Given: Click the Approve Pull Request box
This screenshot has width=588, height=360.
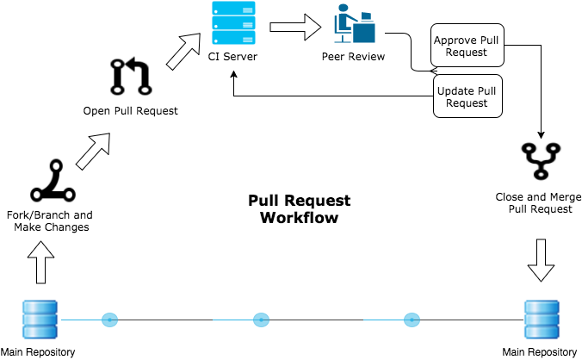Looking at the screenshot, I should click(467, 46).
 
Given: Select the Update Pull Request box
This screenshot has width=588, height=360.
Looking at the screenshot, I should click(467, 96).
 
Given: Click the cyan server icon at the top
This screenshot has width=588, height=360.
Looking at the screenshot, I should click(233, 23).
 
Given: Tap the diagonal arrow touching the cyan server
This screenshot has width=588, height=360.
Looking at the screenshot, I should click(183, 53).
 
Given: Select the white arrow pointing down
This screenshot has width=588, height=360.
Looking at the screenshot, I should click(541, 260).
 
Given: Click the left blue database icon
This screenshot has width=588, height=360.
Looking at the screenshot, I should click(40, 319).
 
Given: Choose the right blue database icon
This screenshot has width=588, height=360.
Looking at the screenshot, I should click(542, 319).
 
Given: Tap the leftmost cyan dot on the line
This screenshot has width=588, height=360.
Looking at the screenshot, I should click(109, 320).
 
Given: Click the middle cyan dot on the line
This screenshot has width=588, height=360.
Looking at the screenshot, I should click(261, 320).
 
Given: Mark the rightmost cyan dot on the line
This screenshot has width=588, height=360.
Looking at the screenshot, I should click(412, 320).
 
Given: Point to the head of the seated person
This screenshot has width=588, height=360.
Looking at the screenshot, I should click(343, 9).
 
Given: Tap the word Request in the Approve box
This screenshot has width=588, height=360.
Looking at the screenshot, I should click(467, 53).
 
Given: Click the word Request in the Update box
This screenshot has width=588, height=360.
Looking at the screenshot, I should click(467, 103).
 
